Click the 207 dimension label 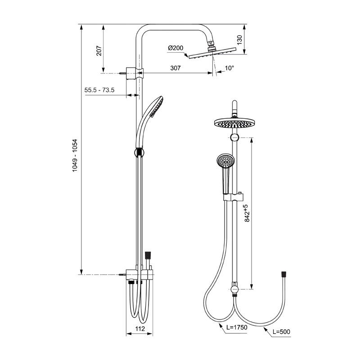[99, 51]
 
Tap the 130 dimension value [239, 40]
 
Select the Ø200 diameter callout [175, 48]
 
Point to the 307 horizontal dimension [175, 68]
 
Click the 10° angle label [229, 68]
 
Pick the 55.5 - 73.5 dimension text [99, 90]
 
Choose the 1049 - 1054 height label [75, 155]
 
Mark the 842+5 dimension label [247, 213]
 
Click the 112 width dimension [140, 329]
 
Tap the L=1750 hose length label [237, 327]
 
